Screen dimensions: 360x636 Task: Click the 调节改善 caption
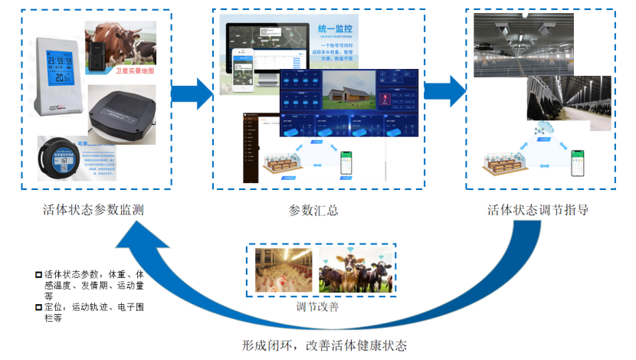tap(318, 306)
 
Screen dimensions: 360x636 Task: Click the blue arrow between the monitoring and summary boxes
tap(191, 93)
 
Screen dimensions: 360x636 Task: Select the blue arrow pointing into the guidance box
tap(445, 91)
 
